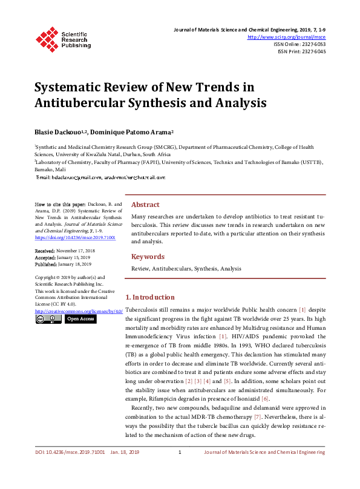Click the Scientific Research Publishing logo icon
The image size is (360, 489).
click(x=47, y=38)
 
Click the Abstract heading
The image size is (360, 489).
click(x=145, y=205)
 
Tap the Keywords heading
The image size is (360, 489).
click(x=148, y=257)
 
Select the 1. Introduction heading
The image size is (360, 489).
click(x=150, y=298)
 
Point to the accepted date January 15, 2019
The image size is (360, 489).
click(x=74, y=257)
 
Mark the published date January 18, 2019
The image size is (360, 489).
click(x=75, y=264)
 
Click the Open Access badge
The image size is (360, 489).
click(x=80, y=319)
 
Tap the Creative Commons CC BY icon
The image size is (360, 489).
click(x=48, y=319)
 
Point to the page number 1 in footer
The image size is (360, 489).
click(x=180, y=469)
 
